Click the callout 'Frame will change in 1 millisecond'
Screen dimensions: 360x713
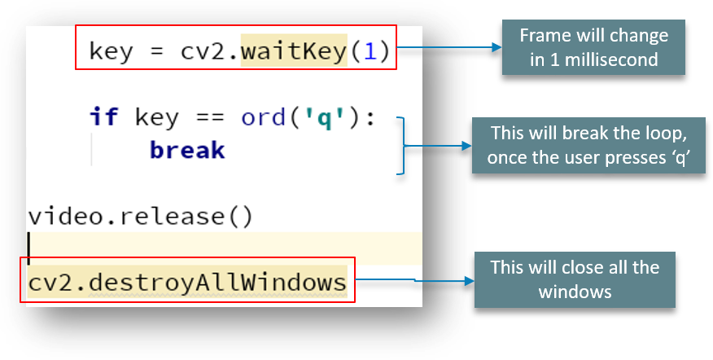coord(594,48)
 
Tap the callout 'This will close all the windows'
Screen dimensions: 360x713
coord(575,279)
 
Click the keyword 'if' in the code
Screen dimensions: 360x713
coord(103,117)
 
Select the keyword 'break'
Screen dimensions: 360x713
coord(187,151)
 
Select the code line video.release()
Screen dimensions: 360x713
coord(140,217)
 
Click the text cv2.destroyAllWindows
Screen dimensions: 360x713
coord(186,283)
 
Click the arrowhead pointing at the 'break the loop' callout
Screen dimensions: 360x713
coord(467,147)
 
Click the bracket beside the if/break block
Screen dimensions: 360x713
coord(400,145)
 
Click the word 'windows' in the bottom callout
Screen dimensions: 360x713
coord(575,291)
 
